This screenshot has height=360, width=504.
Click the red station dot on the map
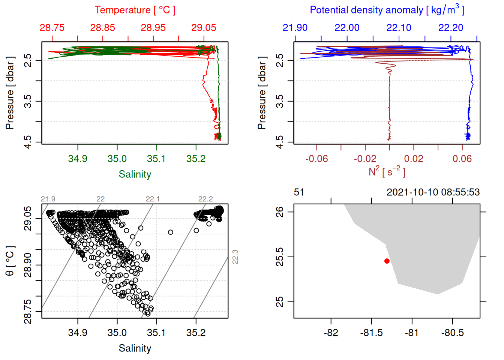[x=387, y=261]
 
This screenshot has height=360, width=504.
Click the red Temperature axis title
[x=135, y=10]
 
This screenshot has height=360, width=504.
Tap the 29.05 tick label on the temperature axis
[x=204, y=28]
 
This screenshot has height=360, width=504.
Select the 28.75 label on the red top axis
[x=52, y=28]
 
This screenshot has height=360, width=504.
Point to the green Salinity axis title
[x=135, y=174]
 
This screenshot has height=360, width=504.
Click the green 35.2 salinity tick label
[x=196, y=159]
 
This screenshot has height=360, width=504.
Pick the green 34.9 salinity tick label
[x=78, y=159]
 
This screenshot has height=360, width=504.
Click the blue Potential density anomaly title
[x=387, y=10]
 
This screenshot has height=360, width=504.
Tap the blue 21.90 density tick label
[x=295, y=28]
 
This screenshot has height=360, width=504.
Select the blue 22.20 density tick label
[x=451, y=28]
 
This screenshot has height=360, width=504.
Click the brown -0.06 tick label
[x=316, y=159]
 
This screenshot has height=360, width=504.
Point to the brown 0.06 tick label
[x=462, y=159]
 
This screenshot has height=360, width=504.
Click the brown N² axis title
[x=387, y=172]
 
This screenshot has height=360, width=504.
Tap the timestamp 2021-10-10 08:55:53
[x=433, y=192]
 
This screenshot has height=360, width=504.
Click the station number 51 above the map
[x=299, y=192]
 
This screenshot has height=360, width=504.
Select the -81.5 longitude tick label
[x=371, y=333]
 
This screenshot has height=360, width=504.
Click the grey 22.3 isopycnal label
[x=235, y=257]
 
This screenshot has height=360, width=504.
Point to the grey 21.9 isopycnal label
[x=48, y=199]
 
